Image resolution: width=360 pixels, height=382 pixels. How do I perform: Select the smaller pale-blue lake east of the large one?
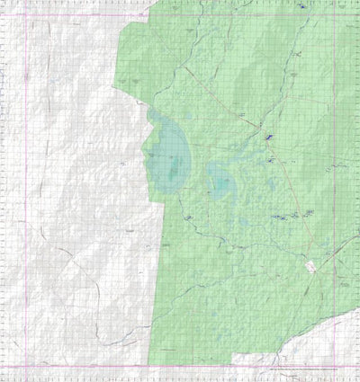(221, 182)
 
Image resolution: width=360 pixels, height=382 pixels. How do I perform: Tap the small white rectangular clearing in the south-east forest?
(311, 266)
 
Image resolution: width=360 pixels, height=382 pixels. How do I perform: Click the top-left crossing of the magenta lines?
(26, 16)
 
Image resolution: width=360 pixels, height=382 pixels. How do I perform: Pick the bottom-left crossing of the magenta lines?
(26, 367)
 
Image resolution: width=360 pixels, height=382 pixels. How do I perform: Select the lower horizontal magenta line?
(180, 367)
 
